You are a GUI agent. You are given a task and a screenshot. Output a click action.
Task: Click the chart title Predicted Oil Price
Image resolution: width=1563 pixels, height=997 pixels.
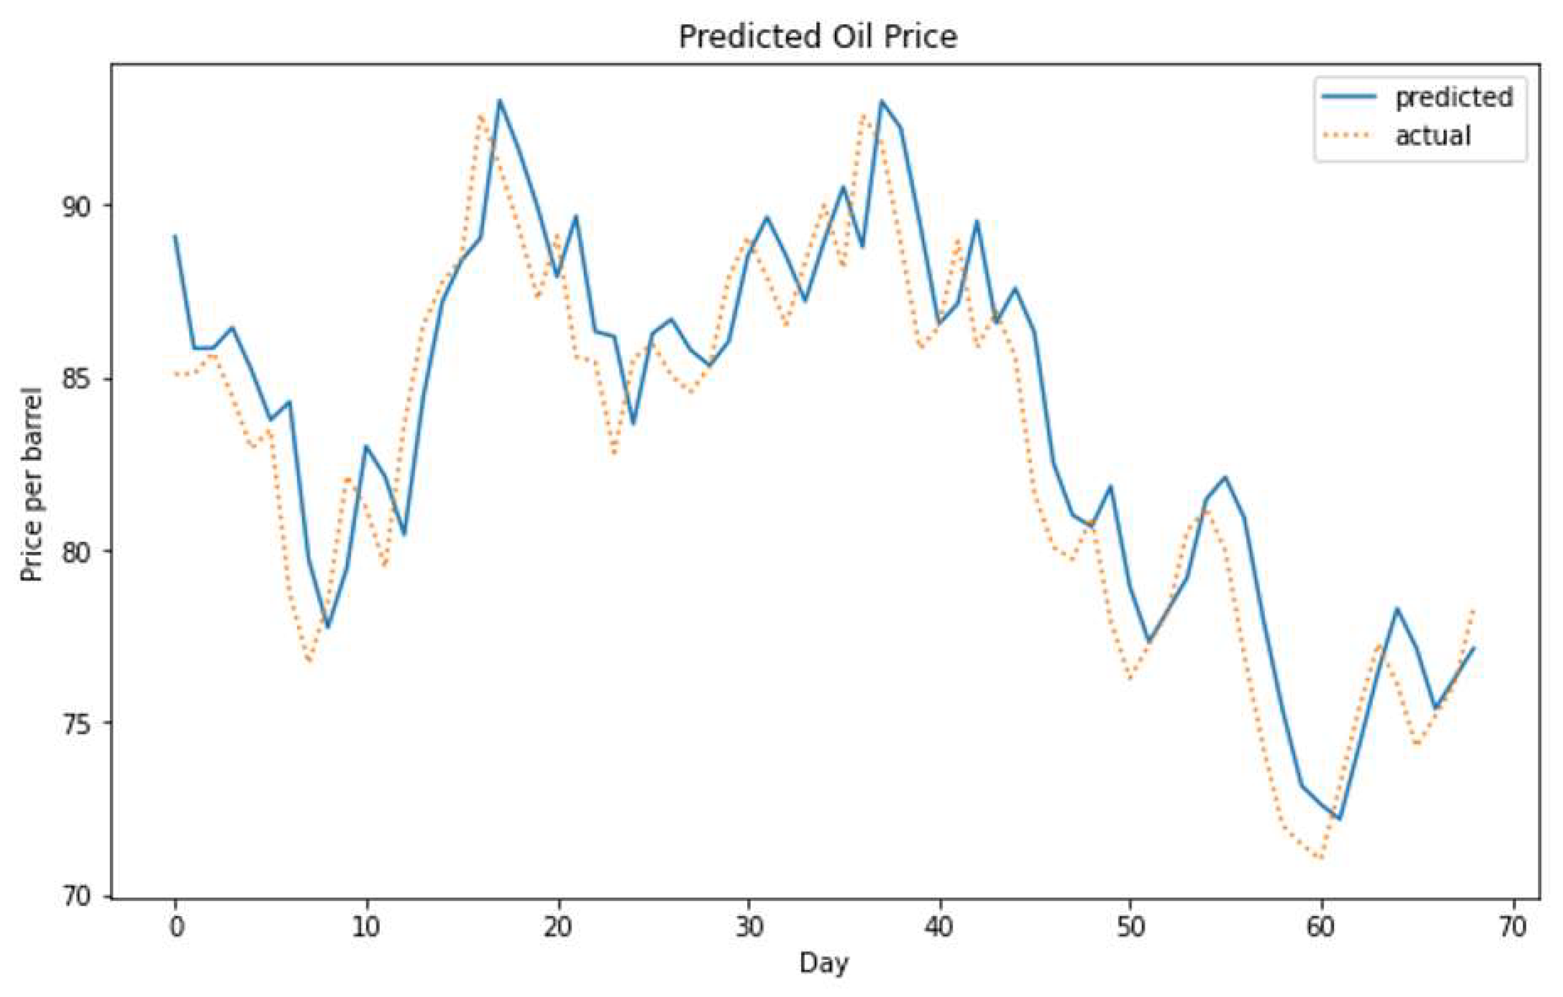[x=818, y=36]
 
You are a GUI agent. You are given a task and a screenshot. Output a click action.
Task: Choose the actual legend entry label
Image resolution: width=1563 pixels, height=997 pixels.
[x=1432, y=136]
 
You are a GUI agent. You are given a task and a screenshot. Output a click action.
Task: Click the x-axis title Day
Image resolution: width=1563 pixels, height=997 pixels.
[x=824, y=963]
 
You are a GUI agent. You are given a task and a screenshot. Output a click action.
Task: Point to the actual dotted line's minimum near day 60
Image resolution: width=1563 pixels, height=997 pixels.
[x=1320, y=858]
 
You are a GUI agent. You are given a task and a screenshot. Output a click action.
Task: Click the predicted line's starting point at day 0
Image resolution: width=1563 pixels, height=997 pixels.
[x=175, y=236]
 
